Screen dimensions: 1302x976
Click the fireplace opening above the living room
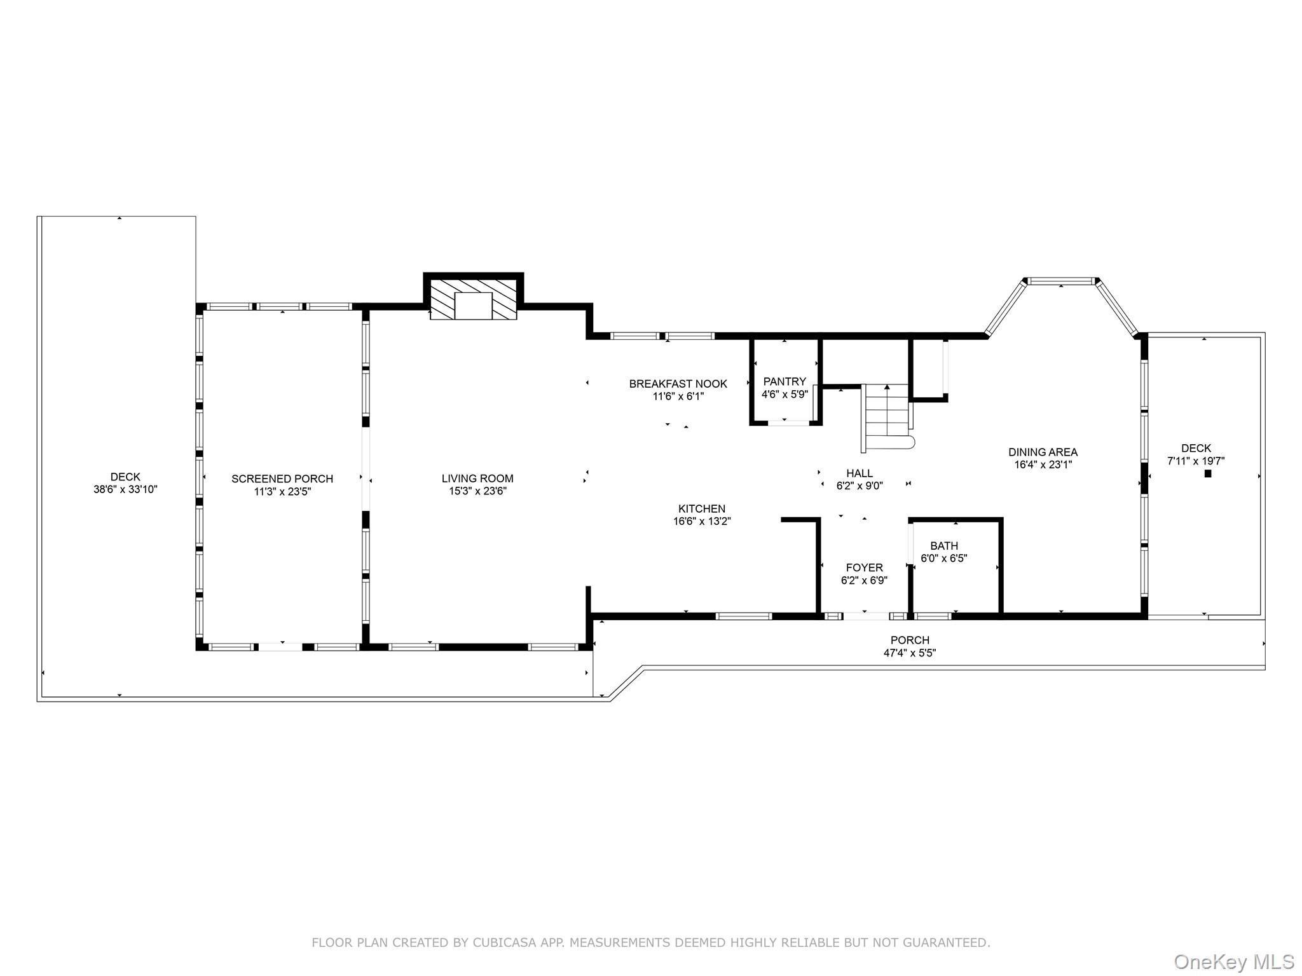pyautogui.click(x=474, y=306)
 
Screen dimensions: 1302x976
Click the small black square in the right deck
pyautogui.click(x=1208, y=473)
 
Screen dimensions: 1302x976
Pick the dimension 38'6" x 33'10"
pyautogui.click(x=125, y=490)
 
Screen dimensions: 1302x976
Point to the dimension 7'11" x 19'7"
pyautogui.click(x=1196, y=461)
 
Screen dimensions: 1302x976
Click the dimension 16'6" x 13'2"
pyautogui.click(x=702, y=522)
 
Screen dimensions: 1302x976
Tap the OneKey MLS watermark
pyautogui.click(x=1234, y=962)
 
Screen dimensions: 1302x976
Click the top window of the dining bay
pyautogui.click(x=1061, y=280)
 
